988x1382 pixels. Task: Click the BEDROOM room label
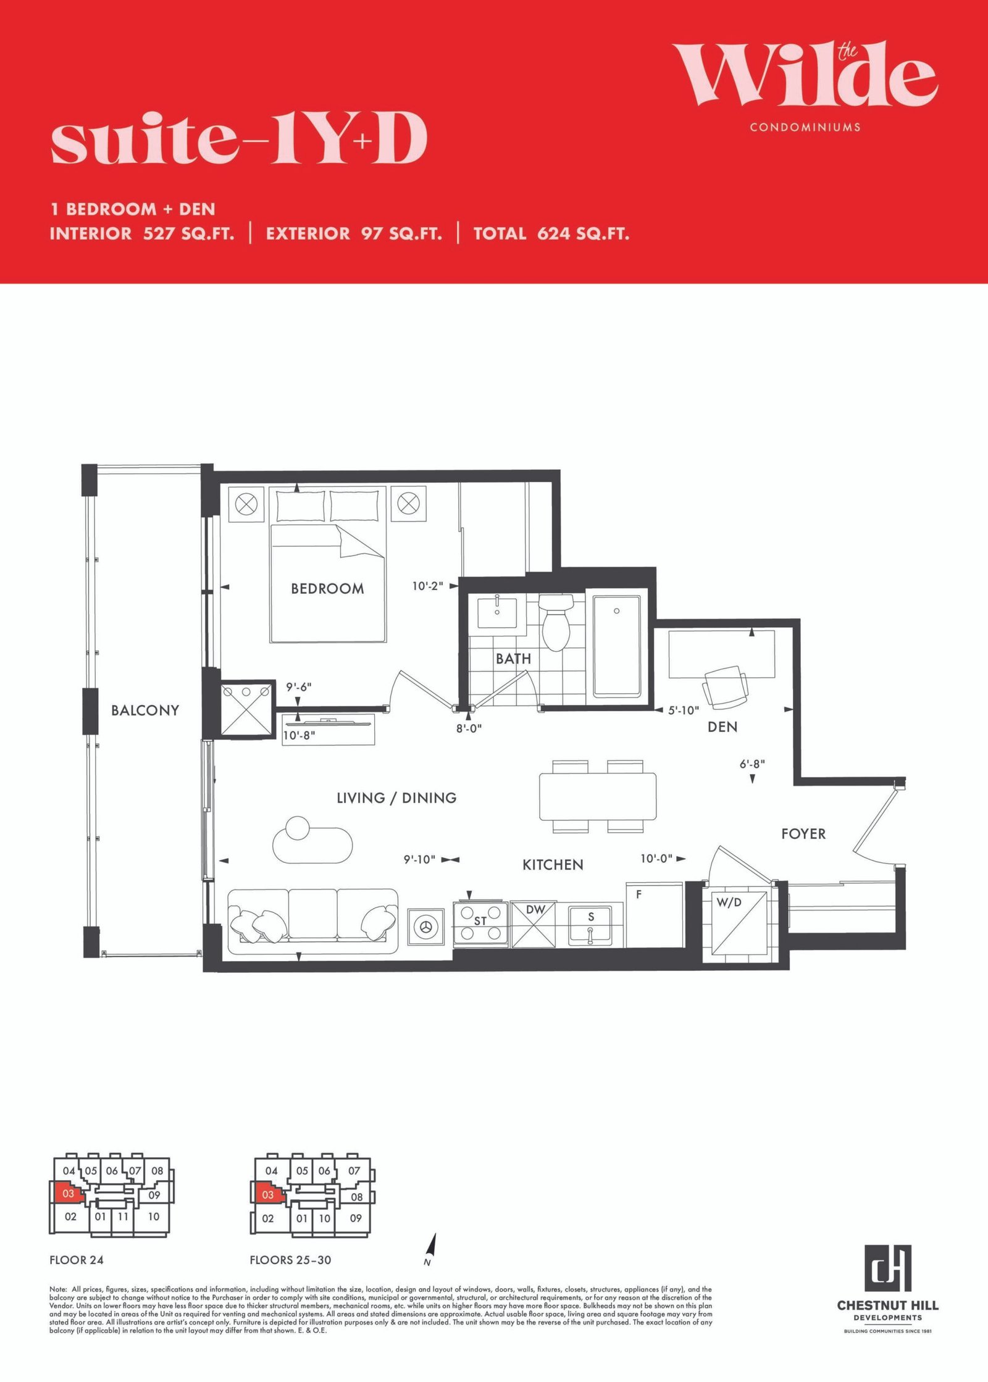pos(327,589)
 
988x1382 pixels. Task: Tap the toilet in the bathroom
pos(555,622)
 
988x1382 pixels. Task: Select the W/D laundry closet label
pos(729,902)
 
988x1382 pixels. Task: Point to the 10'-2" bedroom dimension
pos(427,586)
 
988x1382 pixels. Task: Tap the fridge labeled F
pos(654,914)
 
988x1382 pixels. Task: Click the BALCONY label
pos(145,710)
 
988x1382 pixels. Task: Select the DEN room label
pos(722,727)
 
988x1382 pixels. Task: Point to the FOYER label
pos(803,834)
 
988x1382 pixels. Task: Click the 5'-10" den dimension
pos(684,710)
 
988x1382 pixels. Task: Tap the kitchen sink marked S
pos(590,925)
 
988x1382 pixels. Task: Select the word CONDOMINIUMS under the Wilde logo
pos(805,127)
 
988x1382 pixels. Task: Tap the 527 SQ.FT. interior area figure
pos(189,233)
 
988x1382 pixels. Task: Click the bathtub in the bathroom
pos(616,647)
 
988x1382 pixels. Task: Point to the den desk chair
pos(724,686)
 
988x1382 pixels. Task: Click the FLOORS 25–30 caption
pos(290,1260)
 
